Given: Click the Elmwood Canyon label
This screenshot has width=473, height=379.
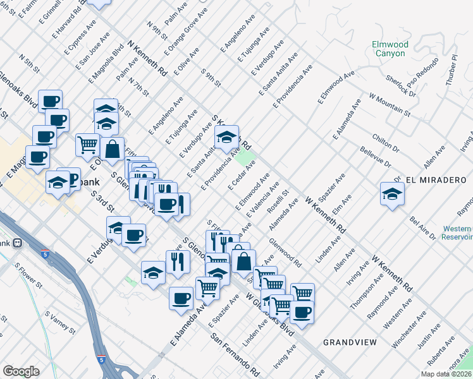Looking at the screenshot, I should click(390, 49).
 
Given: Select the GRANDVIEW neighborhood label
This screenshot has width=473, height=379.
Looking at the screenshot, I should click(350, 342).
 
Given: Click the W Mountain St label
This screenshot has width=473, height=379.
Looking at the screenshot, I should click(390, 105).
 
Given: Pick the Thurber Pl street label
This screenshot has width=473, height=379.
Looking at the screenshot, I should click(451, 66).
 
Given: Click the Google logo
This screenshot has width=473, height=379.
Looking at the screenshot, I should click(21, 371).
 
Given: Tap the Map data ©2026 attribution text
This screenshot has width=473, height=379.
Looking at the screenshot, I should click(446, 374).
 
